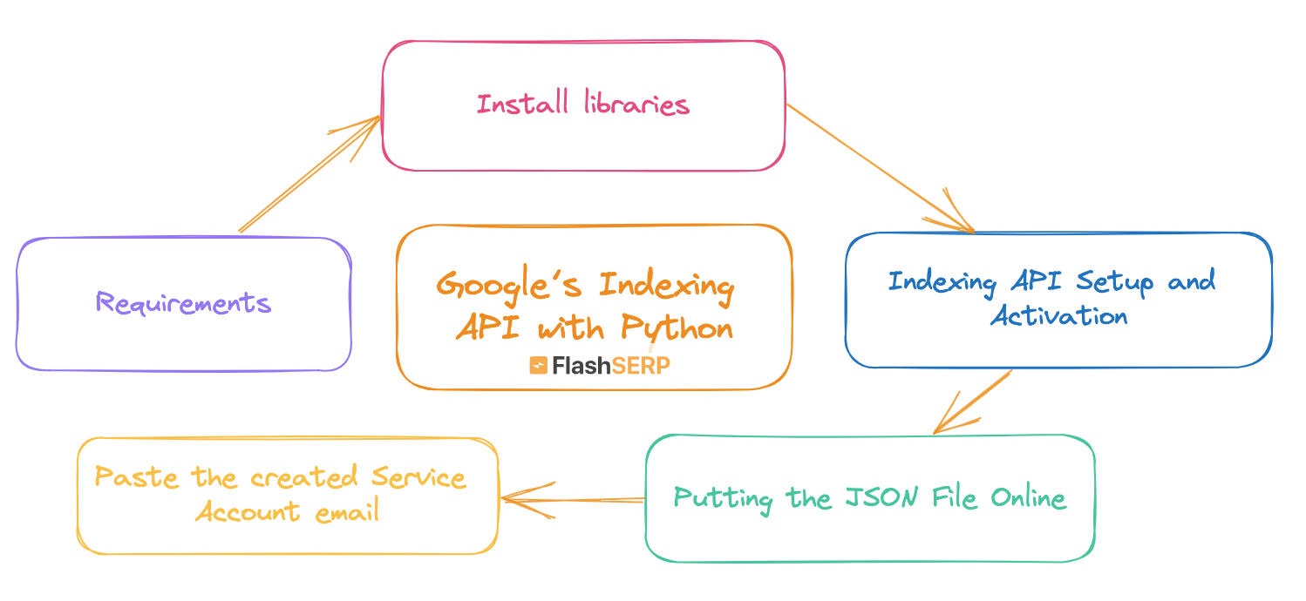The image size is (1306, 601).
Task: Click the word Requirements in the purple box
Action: (x=183, y=303)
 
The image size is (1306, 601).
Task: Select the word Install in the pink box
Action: (x=521, y=105)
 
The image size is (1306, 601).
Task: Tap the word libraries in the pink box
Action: (x=636, y=105)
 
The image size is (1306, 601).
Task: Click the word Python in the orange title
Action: (x=677, y=328)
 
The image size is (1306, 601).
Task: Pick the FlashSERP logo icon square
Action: (x=538, y=366)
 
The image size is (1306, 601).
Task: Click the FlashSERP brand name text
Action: (x=610, y=366)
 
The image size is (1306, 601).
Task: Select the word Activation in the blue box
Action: (x=1058, y=315)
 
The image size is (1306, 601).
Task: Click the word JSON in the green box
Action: (x=874, y=498)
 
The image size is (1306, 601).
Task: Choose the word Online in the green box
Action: (x=1028, y=498)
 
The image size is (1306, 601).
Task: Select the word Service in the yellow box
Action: (x=418, y=477)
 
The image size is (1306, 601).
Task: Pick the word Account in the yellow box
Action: (x=235, y=511)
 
